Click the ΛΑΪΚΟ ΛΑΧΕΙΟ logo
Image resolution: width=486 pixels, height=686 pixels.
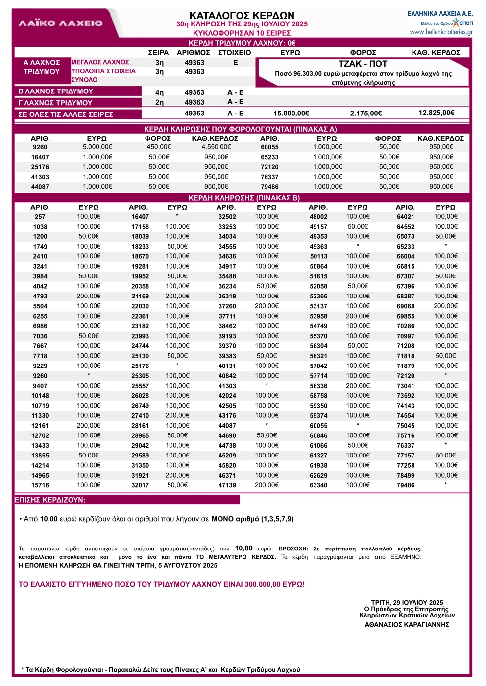point(61,23)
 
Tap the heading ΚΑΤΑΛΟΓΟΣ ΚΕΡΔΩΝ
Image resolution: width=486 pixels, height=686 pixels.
point(242,15)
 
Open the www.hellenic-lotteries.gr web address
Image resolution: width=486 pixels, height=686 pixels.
point(441,32)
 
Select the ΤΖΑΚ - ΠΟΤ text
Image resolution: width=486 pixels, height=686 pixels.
point(363,64)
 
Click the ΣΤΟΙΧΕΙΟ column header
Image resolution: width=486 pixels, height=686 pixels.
point(234,53)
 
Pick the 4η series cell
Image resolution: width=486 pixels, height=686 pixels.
point(159,92)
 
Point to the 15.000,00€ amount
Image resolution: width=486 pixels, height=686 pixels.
point(291,114)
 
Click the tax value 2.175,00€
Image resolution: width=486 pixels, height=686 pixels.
point(365,114)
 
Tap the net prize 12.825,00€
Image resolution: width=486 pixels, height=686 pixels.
point(436,113)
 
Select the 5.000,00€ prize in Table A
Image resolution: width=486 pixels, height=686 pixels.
point(97,147)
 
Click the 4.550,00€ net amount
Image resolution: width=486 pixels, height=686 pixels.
point(216,147)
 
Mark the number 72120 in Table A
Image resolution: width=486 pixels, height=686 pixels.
point(269,167)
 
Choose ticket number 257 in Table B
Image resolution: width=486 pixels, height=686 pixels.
point(40,217)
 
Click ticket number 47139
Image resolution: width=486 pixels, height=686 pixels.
point(227,485)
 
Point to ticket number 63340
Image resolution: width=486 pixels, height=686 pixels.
point(318,485)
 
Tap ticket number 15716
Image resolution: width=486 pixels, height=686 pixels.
point(40,485)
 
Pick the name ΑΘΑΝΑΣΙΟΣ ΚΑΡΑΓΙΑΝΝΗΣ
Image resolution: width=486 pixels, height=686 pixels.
point(407,625)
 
